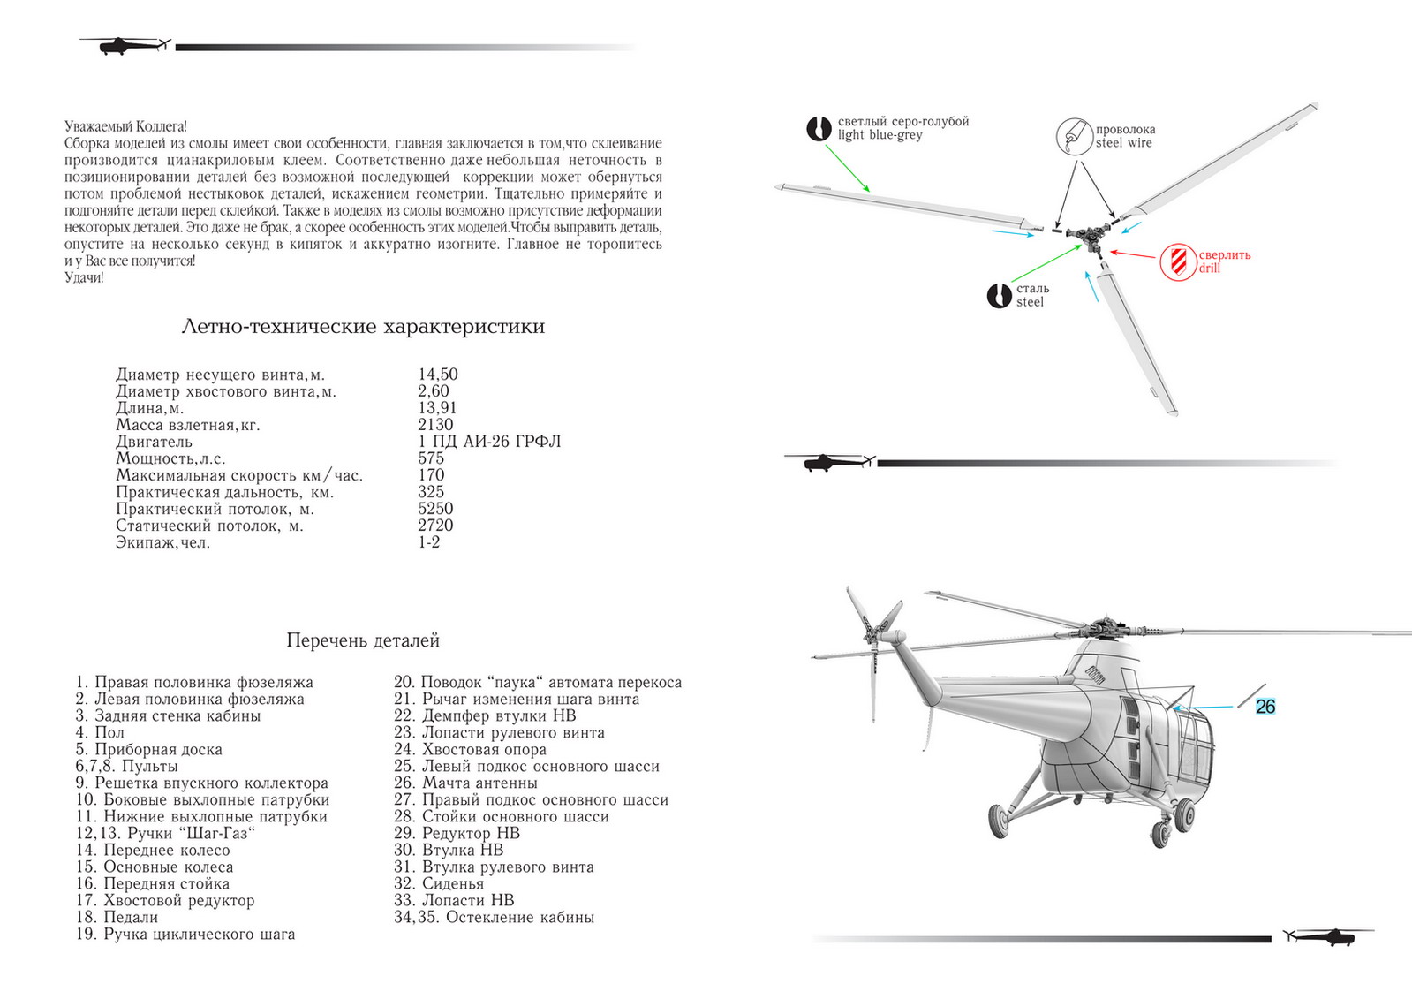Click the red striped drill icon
point(1178,261)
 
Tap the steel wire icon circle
point(1075,136)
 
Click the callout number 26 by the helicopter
point(1265,707)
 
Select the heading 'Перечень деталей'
point(362,640)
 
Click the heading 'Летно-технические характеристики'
point(362,327)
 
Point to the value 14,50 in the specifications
point(438,375)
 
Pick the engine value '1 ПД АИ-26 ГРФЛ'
point(489,442)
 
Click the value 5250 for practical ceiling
point(435,509)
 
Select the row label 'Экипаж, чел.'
point(162,542)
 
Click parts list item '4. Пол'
point(100,732)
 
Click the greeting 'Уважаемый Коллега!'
point(125,127)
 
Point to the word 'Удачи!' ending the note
point(84,277)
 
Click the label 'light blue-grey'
point(880,135)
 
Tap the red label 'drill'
point(1209,268)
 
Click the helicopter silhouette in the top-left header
point(124,45)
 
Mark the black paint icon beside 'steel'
point(999,295)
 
